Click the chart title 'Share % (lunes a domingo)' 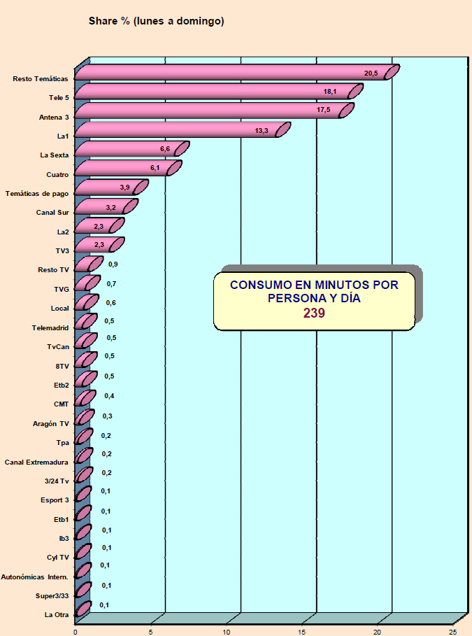[x=156, y=22]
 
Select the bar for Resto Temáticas [x=231, y=73]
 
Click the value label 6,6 [x=166, y=149]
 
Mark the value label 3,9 [x=125, y=188]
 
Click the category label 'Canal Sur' [x=52, y=212]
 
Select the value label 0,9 [x=113, y=264]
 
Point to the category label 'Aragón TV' [x=51, y=423]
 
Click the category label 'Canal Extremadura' [x=36, y=462]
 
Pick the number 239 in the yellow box [x=314, y=313]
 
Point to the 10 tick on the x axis [x=227, y=630]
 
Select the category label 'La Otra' [x=56, y=615]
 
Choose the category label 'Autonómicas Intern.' [x=35, y=577]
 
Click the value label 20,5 [x=371, y=73]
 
